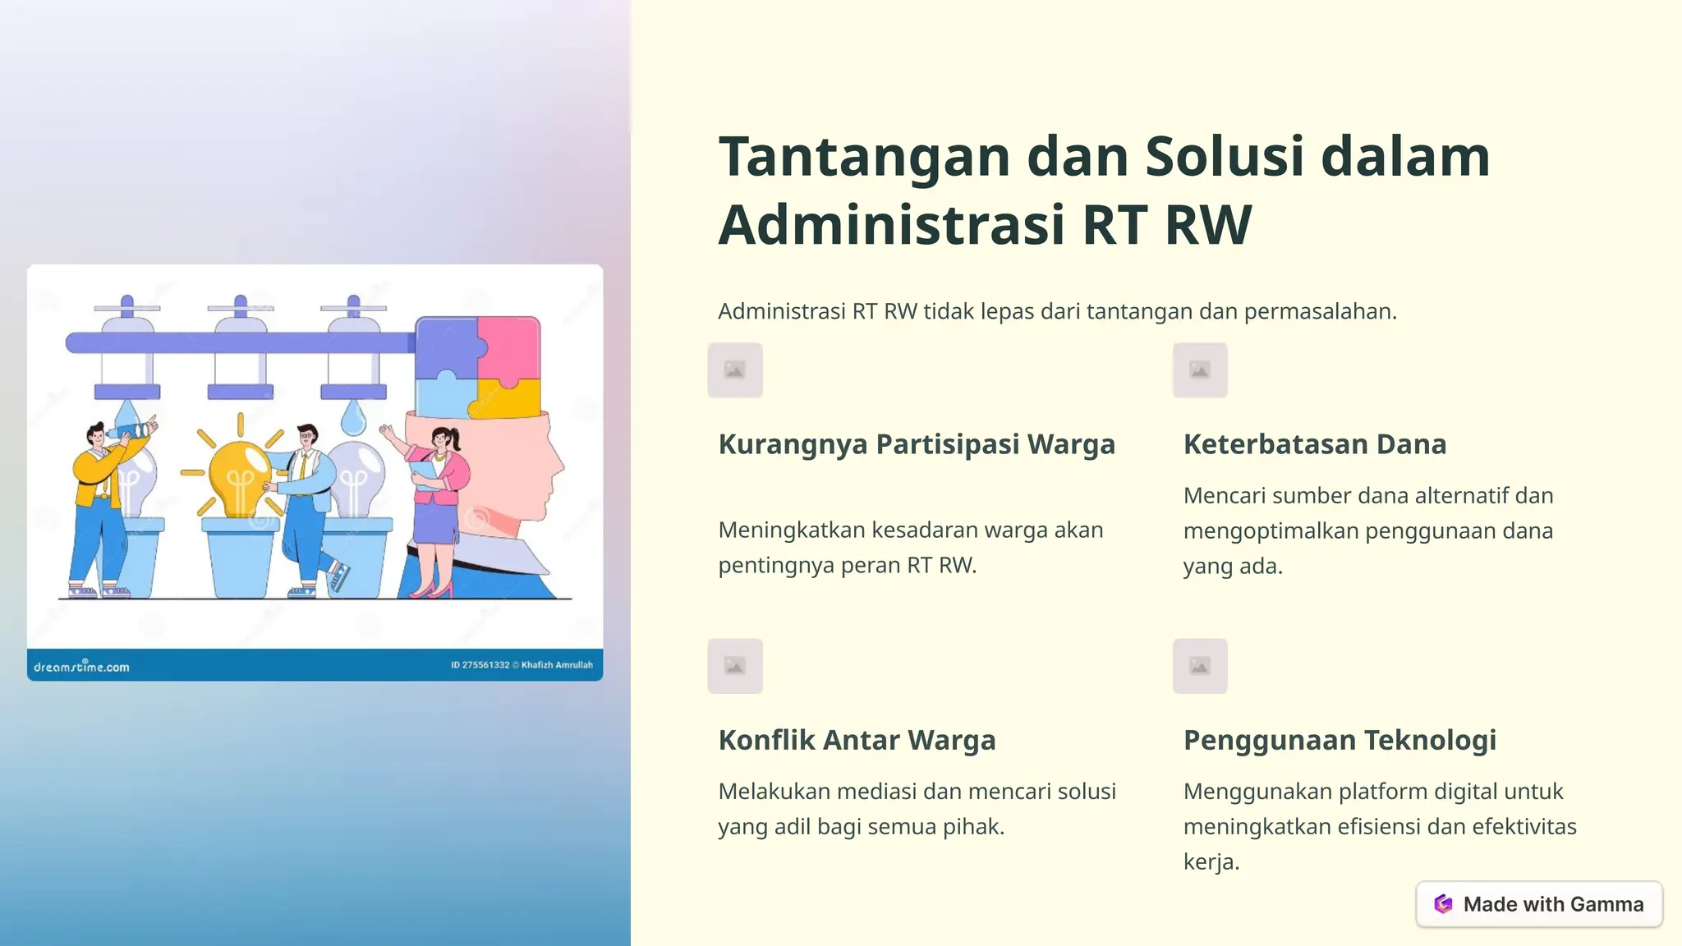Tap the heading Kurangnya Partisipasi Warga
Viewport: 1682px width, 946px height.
(917, 444)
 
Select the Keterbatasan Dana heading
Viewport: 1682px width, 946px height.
(1314, 444)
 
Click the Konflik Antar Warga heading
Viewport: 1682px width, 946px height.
(857, 740)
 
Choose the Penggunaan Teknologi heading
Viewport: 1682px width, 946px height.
(1340, 740)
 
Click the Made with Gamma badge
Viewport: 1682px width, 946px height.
(1539, 904)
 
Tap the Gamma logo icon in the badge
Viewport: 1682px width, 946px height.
(1443, 904)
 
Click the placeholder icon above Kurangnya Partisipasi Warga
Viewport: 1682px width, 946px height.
(735, 370)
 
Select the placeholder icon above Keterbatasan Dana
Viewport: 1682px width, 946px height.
(1200, 370)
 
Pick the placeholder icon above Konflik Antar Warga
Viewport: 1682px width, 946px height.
(735, 666)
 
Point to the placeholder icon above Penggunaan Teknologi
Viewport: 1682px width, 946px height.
(1200, 666)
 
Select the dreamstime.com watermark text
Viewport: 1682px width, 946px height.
(81, 667)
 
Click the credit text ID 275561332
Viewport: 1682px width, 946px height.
(480, 665)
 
